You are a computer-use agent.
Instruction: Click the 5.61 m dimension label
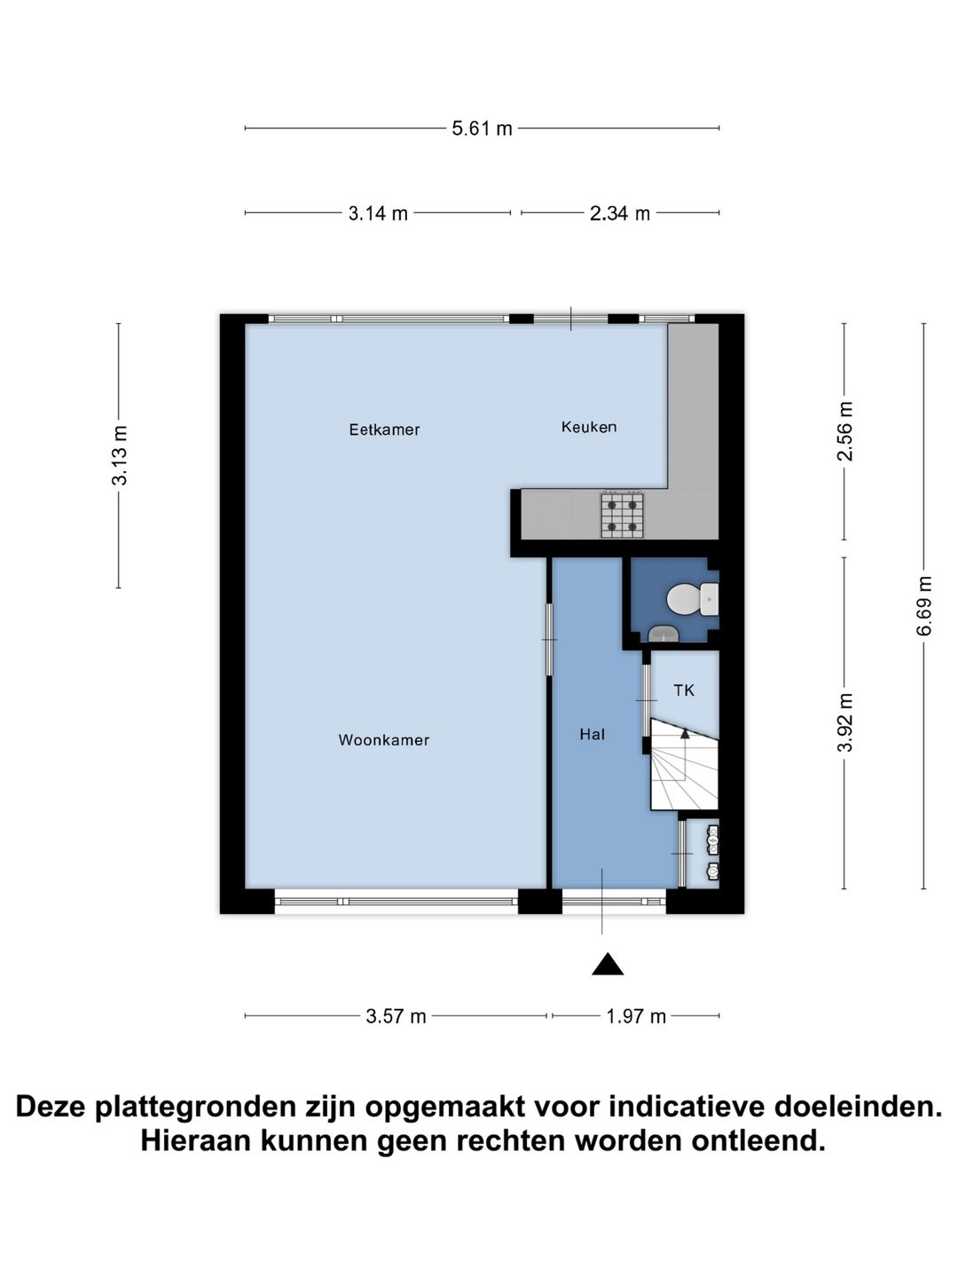pyautogui.click(x=482, y=129)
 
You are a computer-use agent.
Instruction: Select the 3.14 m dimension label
pyautogui.click(x=378, y=213)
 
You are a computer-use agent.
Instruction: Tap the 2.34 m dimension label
pyautogui.click(x=620, y=213)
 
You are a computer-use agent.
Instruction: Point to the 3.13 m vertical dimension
pyautogui.click(x=120, y=455)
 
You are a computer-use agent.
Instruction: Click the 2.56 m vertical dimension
pyautogui.click(x=845, y=431)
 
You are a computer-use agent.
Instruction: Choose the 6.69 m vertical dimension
pyautogui.click(x=924, y=606)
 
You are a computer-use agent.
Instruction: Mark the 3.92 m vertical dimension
pyautogui.click(x=845, y=722)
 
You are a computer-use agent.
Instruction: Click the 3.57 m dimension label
pyautogui.click(x=396, y=1016)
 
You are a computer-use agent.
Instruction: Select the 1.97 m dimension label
pyautogui.click(x=636, y=1016)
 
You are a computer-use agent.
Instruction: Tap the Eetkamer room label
pyautogui.click(x=384, y=430)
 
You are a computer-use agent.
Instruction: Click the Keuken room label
pyautogui.click(x=589, y=427)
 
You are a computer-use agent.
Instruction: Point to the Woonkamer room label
pyautogui.click(x=384, y=740)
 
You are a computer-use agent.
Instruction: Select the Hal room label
pyautogui.click(x=592, y=734)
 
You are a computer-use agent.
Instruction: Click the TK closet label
pyautogui.click(x=684, y=690)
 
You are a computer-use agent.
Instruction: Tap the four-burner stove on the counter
pyautogui.click(x=622, y=515)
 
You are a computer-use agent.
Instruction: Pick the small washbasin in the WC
pyautogui.click(x=664, y=633)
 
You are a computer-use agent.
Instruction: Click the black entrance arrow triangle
pyautogui.click(x=608, y=965)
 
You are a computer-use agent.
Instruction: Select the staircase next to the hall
pyautogui.click(x=684, y=765)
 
